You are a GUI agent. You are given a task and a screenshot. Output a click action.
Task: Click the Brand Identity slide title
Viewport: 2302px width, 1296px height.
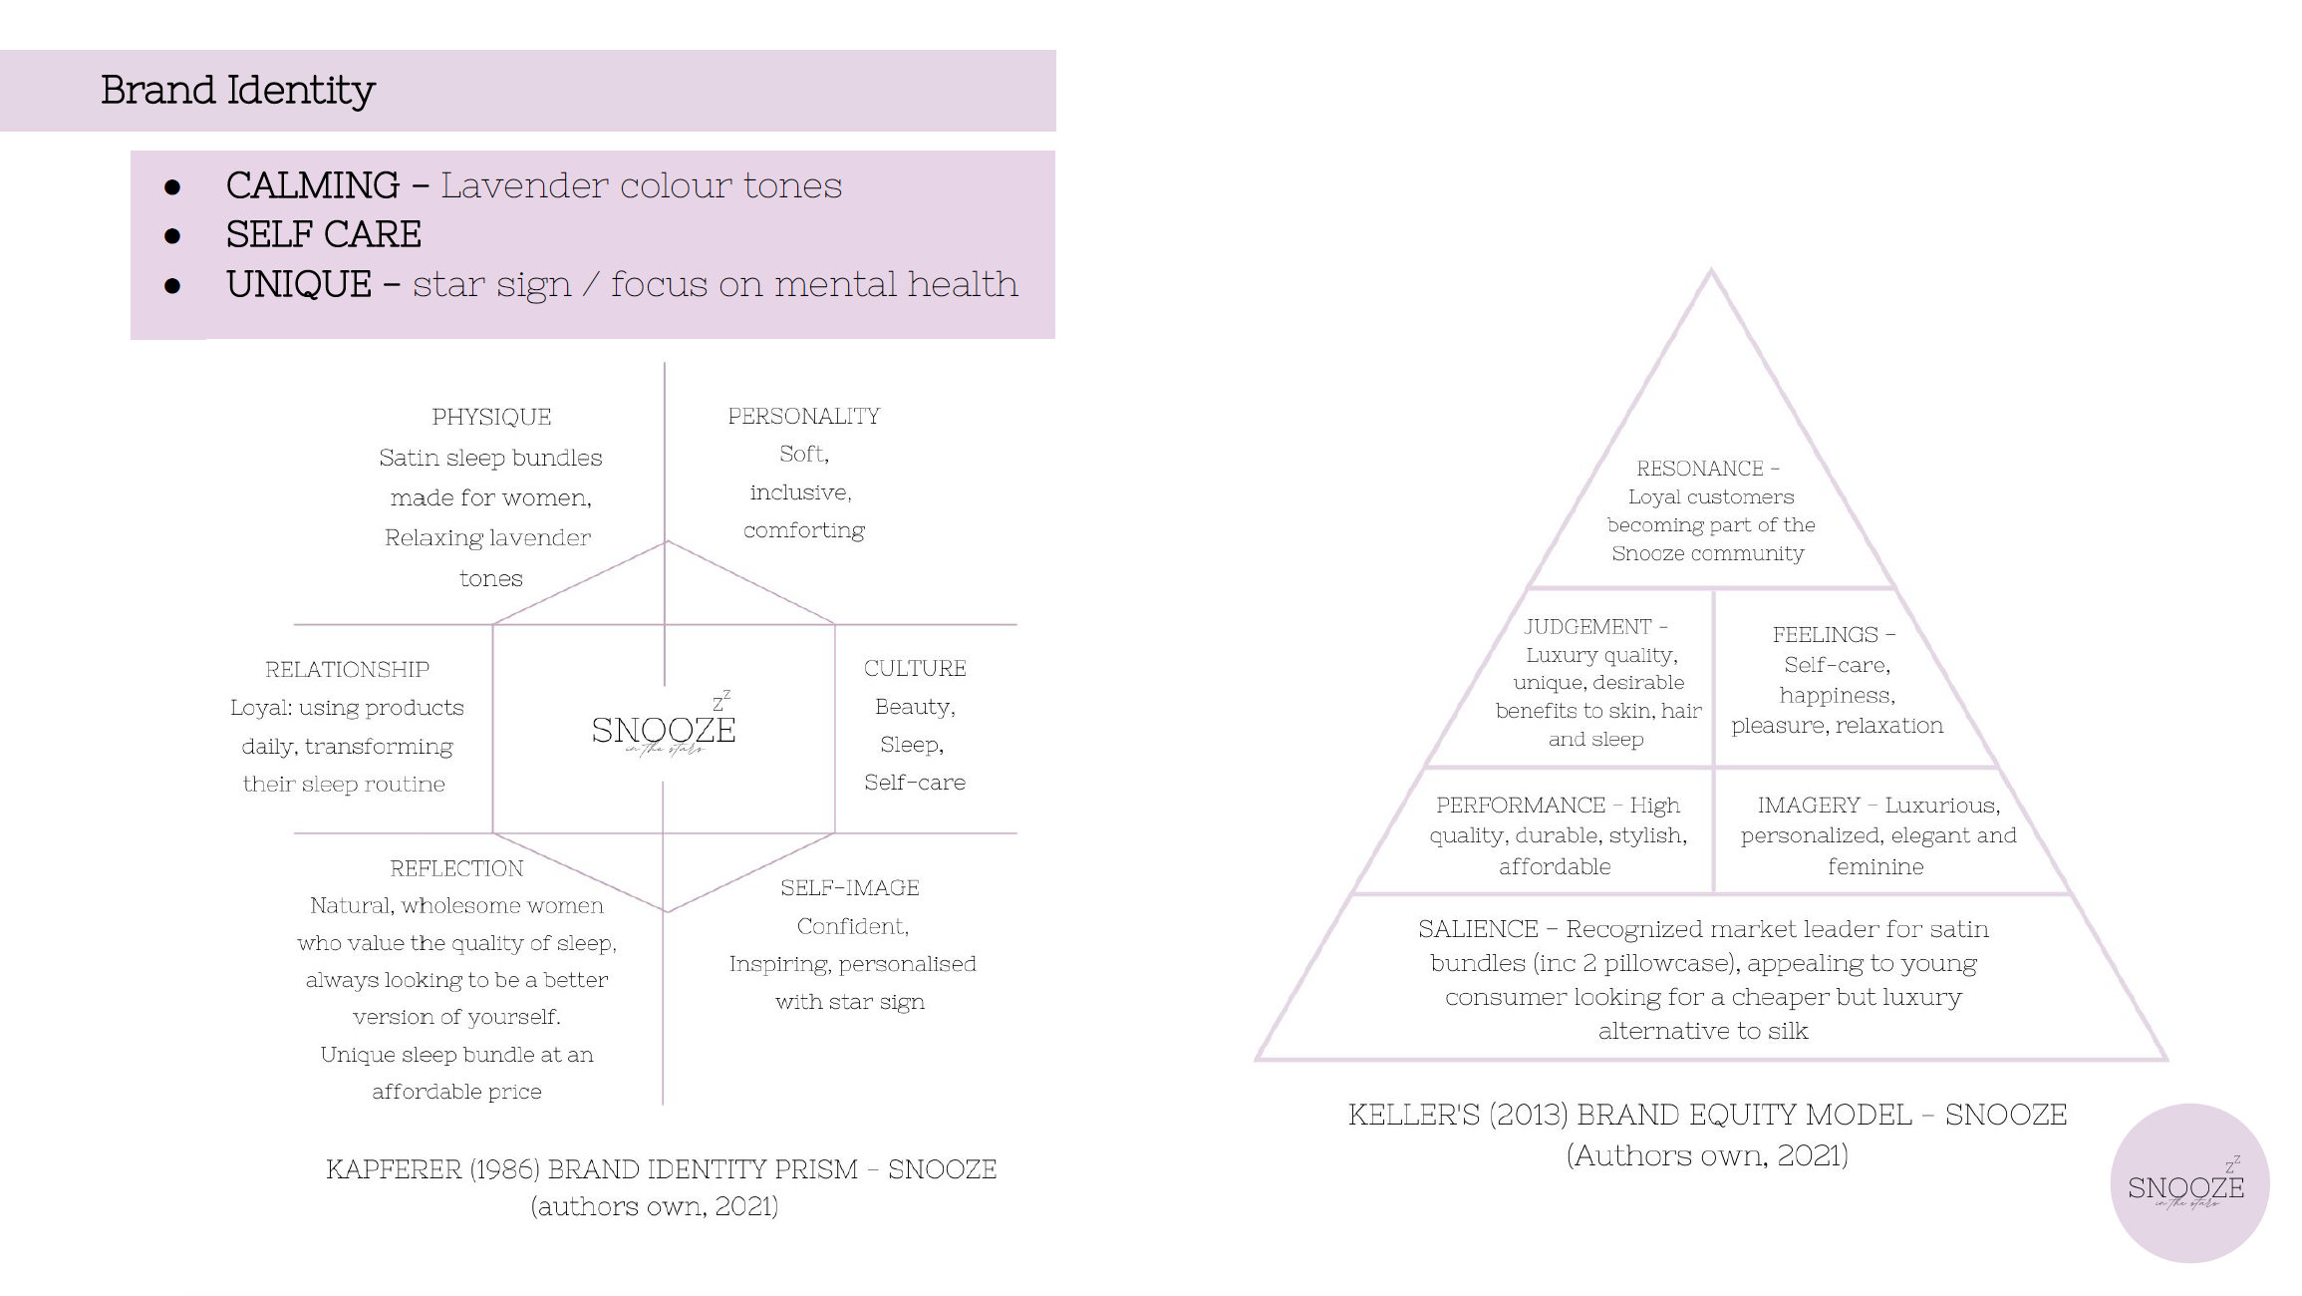(237, 91)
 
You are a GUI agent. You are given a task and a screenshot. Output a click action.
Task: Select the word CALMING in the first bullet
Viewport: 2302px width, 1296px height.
(313, 185)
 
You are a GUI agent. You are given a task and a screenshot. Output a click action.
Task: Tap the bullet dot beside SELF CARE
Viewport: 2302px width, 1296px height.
(172, 236)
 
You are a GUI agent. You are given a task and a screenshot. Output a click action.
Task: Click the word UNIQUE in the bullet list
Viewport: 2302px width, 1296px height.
(299, 284)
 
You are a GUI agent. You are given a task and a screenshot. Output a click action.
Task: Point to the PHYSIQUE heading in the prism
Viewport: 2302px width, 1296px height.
(491, 417)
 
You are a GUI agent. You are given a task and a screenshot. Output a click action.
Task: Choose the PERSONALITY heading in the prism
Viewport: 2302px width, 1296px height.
(804, 416)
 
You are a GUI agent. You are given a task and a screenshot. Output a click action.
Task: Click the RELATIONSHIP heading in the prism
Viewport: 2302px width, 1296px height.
(347, 669)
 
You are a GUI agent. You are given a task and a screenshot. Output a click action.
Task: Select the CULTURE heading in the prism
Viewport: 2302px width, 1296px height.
(915, 668)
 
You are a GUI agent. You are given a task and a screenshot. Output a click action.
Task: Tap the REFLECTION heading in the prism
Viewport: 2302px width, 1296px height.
(456, 868)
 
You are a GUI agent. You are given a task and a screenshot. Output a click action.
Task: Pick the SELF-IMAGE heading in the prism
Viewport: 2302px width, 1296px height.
(850, 887)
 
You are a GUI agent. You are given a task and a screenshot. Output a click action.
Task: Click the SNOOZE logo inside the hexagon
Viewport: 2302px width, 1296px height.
(664, 725)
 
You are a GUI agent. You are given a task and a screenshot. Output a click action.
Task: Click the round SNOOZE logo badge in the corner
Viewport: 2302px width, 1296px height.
(2189, 1183)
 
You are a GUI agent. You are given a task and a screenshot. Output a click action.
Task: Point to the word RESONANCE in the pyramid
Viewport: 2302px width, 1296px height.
(1700, 469)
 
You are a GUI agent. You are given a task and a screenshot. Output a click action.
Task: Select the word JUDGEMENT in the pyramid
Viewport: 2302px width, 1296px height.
(1588, 627)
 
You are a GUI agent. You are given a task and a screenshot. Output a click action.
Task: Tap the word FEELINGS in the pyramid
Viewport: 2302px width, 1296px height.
(1825, 635)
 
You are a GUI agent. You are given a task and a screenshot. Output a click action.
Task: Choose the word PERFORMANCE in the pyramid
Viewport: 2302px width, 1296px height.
(1521, 806)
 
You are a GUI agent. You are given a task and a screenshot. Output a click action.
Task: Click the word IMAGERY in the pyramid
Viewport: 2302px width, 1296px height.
(1809, 806)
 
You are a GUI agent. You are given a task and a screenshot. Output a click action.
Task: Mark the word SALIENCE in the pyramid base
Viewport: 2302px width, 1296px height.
(1478, 929)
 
